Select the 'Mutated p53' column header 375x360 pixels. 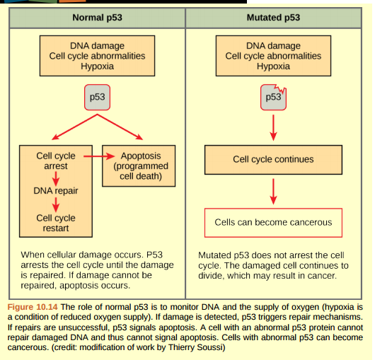273,16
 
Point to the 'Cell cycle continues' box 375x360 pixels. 273,159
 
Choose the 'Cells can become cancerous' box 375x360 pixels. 273,222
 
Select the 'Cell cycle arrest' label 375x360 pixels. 56,161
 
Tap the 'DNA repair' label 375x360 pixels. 56,191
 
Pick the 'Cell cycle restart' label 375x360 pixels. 56,223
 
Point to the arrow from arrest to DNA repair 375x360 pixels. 55,177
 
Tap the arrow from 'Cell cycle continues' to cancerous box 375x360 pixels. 273,190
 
